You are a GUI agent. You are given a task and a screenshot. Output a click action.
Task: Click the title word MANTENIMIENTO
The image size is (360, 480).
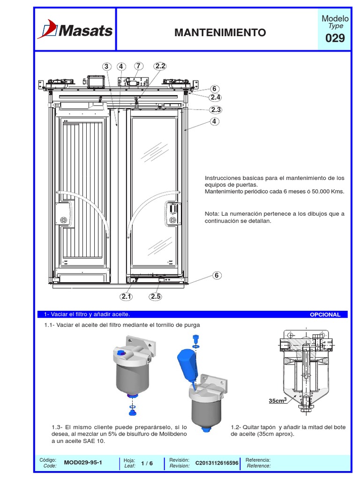click(220, 32)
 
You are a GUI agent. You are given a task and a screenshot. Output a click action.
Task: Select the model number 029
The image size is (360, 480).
click(335, 38)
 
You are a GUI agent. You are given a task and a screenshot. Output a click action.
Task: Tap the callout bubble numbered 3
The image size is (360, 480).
click(106, 67)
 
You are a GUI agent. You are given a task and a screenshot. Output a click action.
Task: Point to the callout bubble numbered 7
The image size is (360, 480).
click(138, 66)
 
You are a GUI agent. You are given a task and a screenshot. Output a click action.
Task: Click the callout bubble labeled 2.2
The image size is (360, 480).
click(160, 66)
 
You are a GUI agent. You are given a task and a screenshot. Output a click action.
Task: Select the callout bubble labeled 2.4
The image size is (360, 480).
click(216, 97)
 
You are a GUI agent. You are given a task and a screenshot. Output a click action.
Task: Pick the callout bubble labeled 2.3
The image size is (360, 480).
click(216, 110)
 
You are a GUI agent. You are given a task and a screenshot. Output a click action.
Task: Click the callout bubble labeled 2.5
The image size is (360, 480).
click(156, 296)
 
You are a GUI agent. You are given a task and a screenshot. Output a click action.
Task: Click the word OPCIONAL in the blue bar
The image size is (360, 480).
click(325, 315)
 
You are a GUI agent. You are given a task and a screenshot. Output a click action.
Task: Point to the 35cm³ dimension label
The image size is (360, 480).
click(277, 401)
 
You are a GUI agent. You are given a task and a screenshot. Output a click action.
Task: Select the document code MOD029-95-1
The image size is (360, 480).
click(83, 463)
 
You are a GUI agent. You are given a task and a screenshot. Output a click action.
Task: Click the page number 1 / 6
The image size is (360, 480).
click(147, 463)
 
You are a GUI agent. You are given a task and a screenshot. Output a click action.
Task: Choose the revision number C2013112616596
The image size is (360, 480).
click(217, 463)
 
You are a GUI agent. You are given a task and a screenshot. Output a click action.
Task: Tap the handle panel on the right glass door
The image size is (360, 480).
click(172, 214)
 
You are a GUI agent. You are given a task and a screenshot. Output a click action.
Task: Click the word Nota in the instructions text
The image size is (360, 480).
click(212, 214)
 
